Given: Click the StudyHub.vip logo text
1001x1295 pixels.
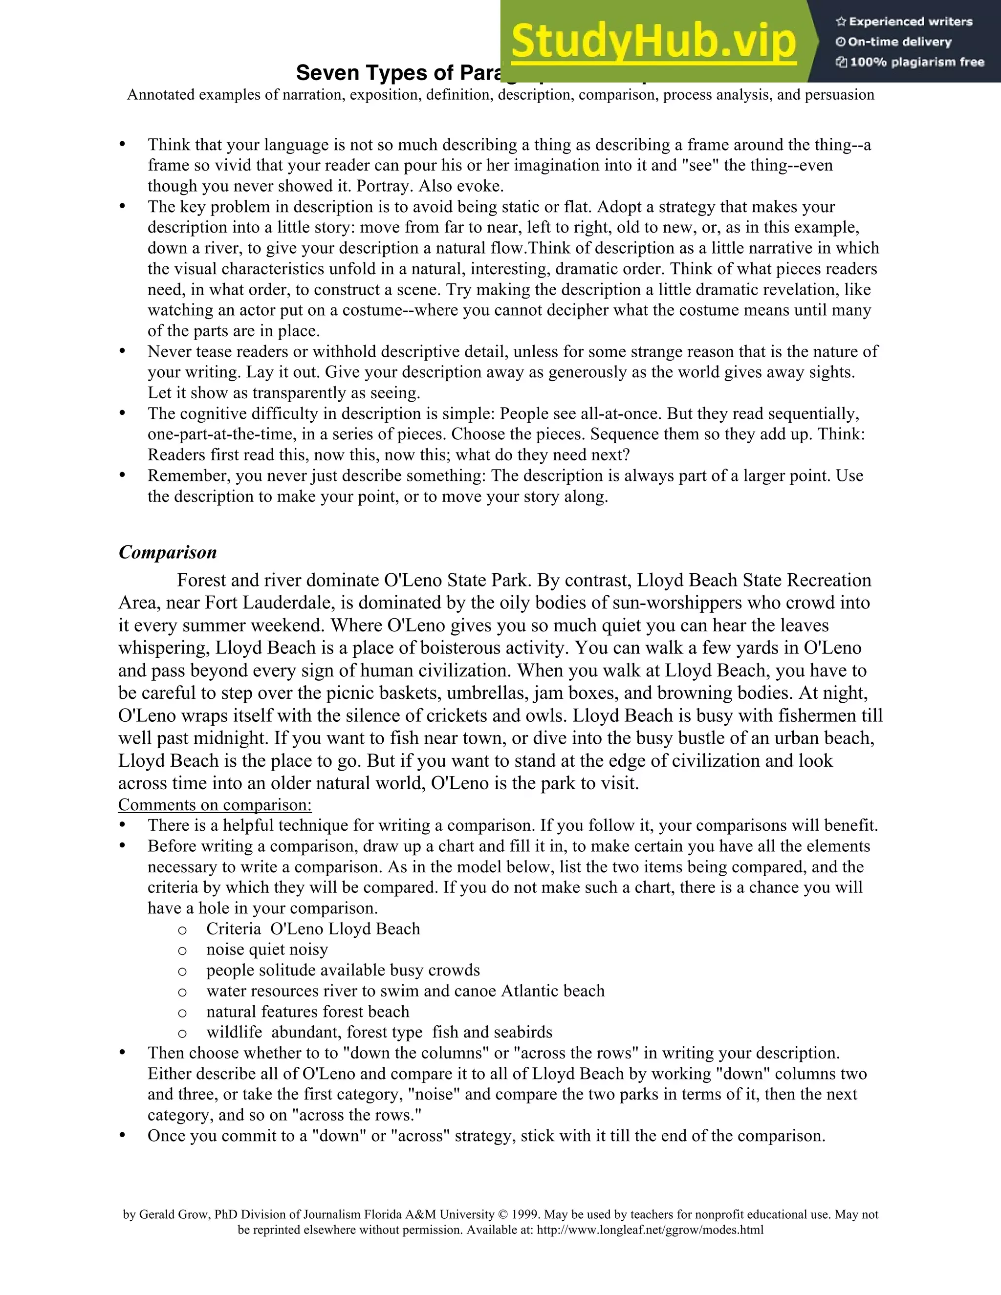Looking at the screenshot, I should [653, 42].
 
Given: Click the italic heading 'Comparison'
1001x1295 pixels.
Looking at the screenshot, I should [168, 552].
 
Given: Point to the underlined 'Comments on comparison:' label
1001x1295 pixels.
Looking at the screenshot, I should [215, 805].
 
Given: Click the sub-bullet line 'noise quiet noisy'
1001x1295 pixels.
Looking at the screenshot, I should [267, 950].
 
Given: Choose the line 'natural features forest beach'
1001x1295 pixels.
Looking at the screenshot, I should [308, 1012].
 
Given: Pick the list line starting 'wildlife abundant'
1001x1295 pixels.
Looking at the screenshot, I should [379, 1032].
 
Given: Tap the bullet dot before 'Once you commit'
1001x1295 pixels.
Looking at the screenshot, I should [123, 1136].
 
